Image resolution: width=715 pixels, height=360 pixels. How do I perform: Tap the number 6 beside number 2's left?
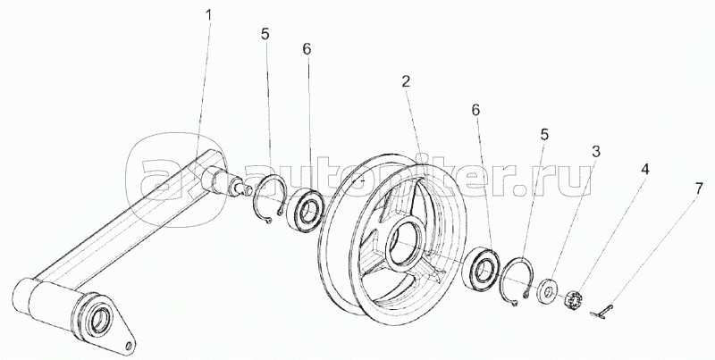306,52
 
